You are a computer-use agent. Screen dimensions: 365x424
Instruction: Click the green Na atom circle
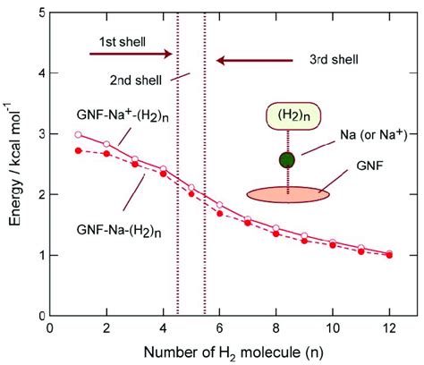click(286, 160)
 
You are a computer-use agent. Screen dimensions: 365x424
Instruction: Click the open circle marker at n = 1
click(78, 135)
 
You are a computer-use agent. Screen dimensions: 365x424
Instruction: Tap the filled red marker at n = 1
click(78, 150)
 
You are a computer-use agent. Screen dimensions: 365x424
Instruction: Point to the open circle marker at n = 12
click(389, 253)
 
